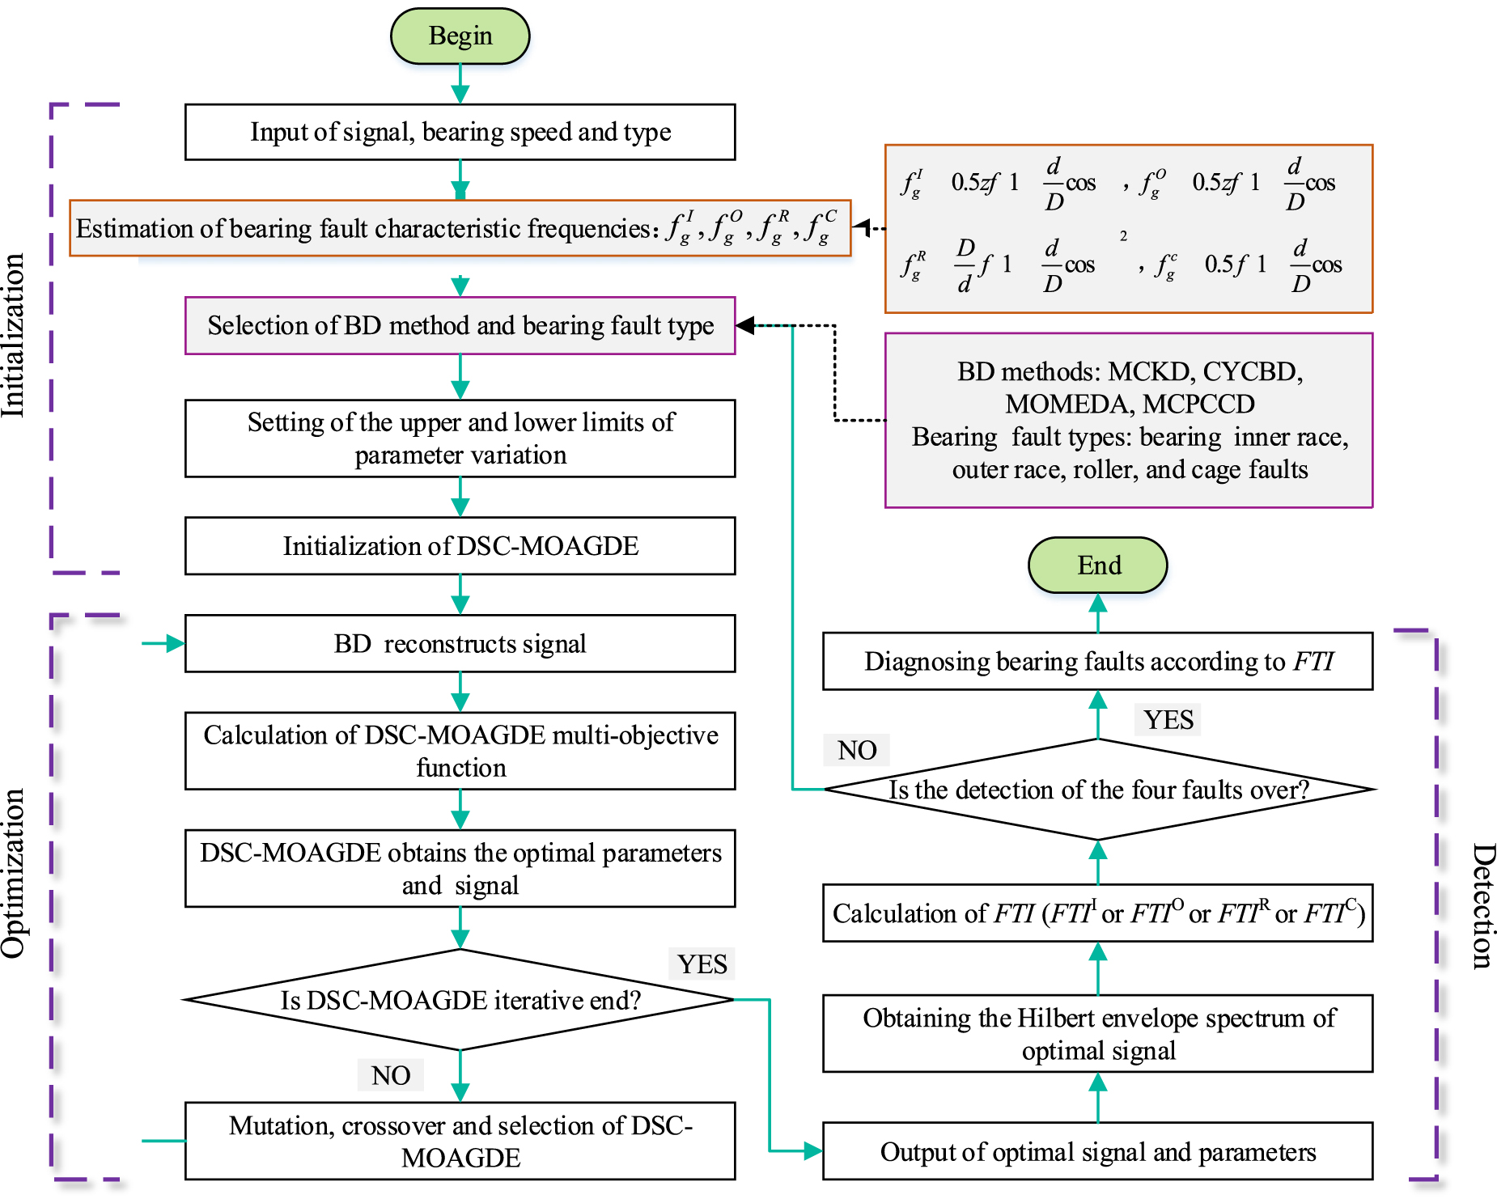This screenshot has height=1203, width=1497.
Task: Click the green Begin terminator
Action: pos(460,36)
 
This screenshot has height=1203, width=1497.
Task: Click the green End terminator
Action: pos(1097,565)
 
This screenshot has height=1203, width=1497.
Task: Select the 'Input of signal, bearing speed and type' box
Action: pos(460,132)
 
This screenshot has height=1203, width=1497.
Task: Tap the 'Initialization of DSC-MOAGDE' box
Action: pos(460,546)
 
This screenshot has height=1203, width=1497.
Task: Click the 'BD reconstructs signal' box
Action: pos(460,644)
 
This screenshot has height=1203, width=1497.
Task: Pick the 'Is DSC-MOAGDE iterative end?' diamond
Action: pos(460,1000)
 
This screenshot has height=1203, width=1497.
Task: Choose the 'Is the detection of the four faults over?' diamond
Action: pos(1097,790)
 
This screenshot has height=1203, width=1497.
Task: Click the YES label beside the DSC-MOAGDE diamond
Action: pos(702,964)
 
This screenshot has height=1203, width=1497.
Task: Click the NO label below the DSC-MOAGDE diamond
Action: pos(391,1075)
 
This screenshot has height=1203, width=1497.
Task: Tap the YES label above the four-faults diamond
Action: pos(1168,719)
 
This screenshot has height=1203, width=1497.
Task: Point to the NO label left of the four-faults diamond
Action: pos(856,750)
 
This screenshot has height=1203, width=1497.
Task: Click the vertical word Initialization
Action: pos(14,336)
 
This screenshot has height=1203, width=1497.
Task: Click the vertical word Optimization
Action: pos(14,874)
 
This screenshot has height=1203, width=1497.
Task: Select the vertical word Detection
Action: pos(1482,906)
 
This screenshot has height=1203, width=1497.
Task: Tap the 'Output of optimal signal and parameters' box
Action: pos(1097,1151)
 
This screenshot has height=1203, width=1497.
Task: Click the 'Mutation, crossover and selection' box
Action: pos(460,1141)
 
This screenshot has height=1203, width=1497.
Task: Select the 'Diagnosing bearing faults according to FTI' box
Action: pos(1097,662)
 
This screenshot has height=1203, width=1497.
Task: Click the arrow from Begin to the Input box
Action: pos(460,84)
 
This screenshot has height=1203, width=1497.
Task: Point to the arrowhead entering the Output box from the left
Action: pos(812,1150)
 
